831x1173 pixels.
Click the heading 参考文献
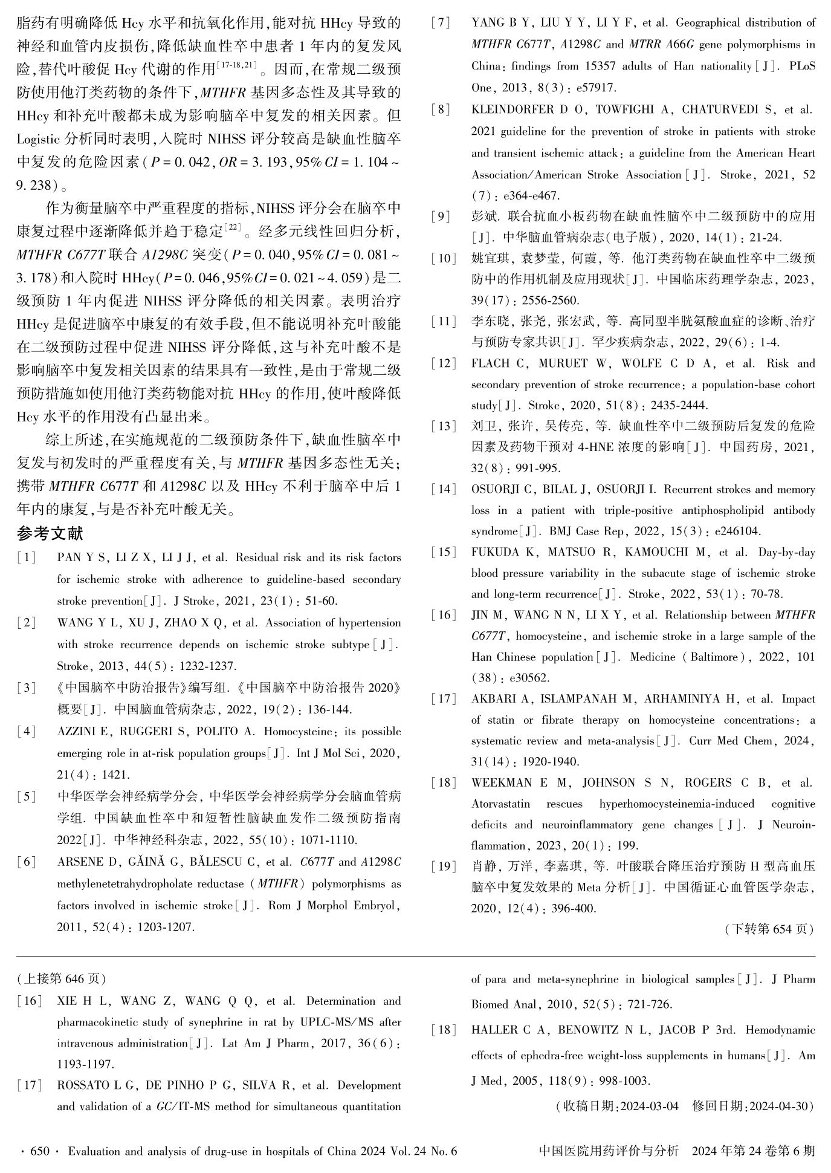click(x=50, y=533)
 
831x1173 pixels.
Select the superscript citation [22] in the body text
click(x=233, y=227)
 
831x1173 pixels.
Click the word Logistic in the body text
click(x=37, y=139)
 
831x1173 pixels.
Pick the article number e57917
click(x=597, y=88)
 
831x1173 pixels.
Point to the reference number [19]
click(x=444, y=866)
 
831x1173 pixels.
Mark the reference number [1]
click(x=27, y=557)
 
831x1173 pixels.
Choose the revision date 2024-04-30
click(x=777, y=1106)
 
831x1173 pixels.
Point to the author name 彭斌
click(x=485, y=216)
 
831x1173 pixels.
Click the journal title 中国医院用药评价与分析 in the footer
click(x=608, y=1151)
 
